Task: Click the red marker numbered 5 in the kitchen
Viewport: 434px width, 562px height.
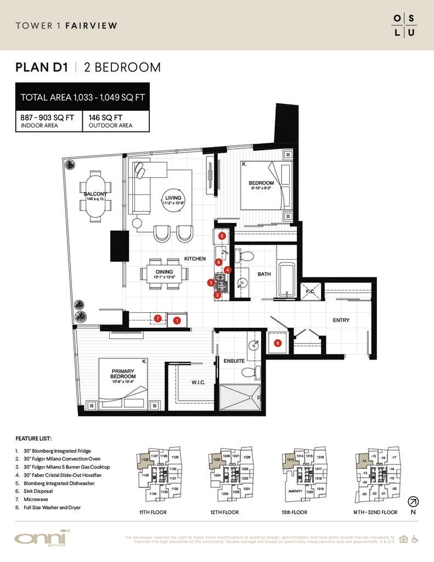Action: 222,235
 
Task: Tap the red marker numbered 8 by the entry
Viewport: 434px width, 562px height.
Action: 278,344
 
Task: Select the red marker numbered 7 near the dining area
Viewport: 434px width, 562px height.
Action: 157,318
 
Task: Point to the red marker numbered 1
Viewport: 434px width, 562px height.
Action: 177,319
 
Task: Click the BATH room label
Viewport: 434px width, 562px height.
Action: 264,274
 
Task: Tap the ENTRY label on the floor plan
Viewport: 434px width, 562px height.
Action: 341,320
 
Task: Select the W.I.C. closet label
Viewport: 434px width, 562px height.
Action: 198,383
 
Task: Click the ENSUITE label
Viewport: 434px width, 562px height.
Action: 234,361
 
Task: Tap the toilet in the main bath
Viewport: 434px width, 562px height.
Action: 246,256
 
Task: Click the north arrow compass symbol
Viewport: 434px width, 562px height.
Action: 413,502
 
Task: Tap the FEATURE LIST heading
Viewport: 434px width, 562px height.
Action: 34,439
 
